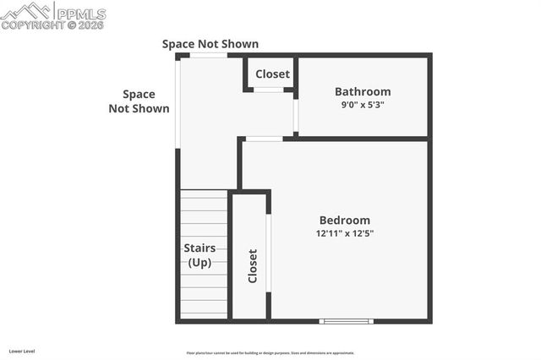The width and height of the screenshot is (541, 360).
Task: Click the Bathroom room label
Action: pyautogui.click(x=363, y=91)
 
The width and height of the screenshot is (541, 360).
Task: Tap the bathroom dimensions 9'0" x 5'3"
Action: pyautogui.click(x=363, y=106)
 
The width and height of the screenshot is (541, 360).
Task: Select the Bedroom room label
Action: pyautogui.click(x=344, y=220)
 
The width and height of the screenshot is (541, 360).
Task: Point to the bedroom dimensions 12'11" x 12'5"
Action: pyautogui.click(x=344, y=233)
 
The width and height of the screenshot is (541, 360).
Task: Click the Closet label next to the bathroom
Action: pyautogui.click(x=272, y=74)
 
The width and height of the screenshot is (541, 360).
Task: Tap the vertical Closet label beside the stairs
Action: pyautogui.click(x=252, y=265)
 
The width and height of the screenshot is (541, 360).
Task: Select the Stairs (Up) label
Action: pyautogui.click(x=199, y=255)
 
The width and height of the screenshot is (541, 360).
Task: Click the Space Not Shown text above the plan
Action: pyautogui.click(x=210, y=44)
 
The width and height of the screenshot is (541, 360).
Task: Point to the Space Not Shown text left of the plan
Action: pyautogui.click(x=139, y=101)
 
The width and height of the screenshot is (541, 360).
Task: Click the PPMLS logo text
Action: pyautogui.click(x=81, y=14)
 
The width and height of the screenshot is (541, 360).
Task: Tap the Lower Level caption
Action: pyautogui.click(x=22, y=351)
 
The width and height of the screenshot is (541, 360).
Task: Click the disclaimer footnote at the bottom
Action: pyautogui.click(x=270, y=353)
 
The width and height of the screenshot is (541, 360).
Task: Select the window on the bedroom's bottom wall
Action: pyautogui.click(x=346, y=320)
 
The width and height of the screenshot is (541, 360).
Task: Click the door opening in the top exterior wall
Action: pyautogui.click(x=208, y=55)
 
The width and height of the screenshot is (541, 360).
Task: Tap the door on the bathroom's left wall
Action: pyautogui.click(x=295, y=117)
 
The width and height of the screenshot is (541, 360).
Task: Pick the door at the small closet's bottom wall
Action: pyautogui.click(x=269, y=89)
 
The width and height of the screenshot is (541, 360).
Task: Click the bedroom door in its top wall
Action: pyautogui.click(x=264, y=138)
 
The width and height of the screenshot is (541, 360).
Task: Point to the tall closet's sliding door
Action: pyautogui.click(x=268, y=252)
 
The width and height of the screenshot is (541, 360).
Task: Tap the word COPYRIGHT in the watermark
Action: pyautogui.click(x=33, y=25)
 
